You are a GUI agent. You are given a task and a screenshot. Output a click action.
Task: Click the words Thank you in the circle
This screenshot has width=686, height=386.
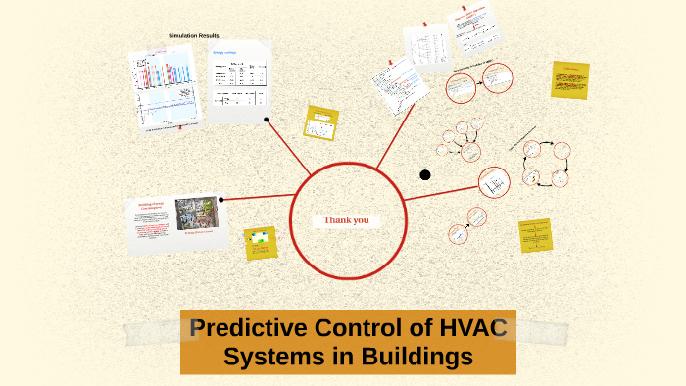point(347,220)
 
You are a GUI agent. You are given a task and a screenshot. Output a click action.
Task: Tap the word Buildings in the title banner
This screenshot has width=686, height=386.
point(412,358)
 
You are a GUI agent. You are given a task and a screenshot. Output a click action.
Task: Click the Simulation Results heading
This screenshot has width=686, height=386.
point(193,35)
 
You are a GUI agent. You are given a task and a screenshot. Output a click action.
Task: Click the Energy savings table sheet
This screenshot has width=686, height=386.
point(237,83)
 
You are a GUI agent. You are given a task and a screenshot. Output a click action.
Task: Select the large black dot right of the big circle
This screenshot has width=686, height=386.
point(425,175)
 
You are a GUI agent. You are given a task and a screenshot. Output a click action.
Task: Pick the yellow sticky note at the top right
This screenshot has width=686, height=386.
point(569,78)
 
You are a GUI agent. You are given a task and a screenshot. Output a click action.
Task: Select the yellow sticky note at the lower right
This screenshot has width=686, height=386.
point(535,236)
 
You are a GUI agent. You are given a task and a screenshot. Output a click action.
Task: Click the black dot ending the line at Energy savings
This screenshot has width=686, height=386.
point(267,121)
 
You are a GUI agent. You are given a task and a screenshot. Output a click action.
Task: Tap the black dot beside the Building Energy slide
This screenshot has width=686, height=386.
point(221,200)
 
